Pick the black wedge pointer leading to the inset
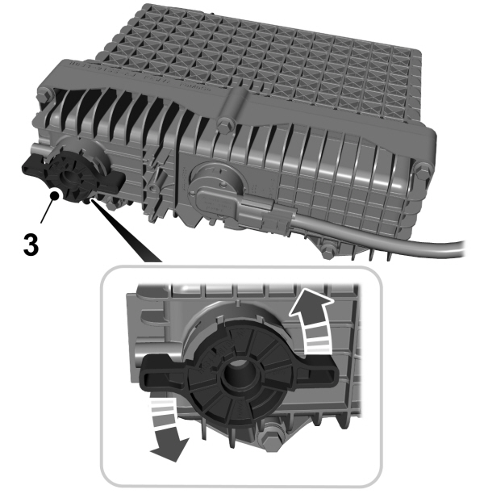(x=129, y=234)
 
